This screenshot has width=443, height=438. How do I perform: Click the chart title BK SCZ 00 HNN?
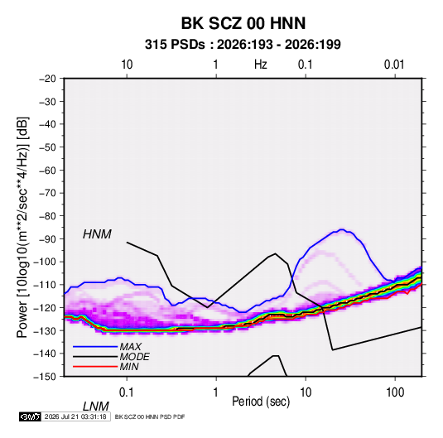click(x=243, y=23)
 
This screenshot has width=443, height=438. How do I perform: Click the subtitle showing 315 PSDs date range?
click(x=243, y=45)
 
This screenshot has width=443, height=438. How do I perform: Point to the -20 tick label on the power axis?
click(x=47, y=79)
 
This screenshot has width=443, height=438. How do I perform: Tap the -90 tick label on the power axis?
click(x=47, y=238)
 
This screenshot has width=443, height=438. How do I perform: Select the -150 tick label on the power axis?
click(x=45, y=377)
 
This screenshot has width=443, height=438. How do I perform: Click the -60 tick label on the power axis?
click(x=47, y=170)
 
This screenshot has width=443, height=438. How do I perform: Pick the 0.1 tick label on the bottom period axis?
click(x=127, y=392)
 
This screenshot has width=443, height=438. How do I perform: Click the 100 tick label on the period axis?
click(x=395, y=392)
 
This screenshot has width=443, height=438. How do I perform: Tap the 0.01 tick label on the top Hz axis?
click(x=394, y=65)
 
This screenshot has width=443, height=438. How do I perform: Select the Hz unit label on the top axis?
click(x=261, y=65)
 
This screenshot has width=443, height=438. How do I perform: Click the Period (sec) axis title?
click(x=261, y=402)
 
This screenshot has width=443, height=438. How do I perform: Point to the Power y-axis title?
click(x=22, y=227)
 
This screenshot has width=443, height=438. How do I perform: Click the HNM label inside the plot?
click(x=97, y=234)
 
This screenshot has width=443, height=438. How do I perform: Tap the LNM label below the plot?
click(x=96, y=407)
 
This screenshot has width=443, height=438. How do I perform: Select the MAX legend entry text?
click(x=131, y=346)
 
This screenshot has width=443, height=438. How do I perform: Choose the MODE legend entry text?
click(x=134, y=357)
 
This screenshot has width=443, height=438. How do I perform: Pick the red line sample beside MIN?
click(x=95, y=367)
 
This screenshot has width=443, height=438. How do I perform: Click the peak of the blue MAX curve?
click(x=342, y=229)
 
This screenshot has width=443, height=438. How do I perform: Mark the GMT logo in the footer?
click(x=30, y=416)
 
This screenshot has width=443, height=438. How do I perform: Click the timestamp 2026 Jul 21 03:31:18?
click(x=75, y=416)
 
